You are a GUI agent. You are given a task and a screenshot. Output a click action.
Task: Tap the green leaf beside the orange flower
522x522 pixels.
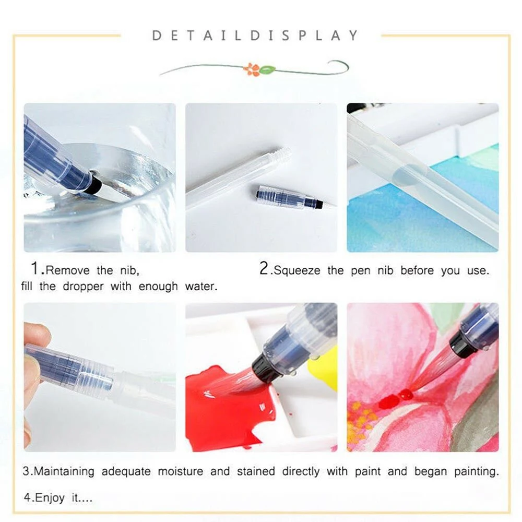pyautogui.click(x=267, y=69)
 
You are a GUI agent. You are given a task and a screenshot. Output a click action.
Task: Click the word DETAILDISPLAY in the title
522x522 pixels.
pyautogui.click(x=255, y=35)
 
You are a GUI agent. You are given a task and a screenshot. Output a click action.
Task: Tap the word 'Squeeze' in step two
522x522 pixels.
pyautogui.click(x=299, y=270)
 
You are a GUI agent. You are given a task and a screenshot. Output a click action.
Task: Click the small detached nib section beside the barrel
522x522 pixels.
pyautogui.click(x=287, y=197)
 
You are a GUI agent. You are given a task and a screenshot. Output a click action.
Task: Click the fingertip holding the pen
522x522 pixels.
pyautogui.click(x=32, y=334)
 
